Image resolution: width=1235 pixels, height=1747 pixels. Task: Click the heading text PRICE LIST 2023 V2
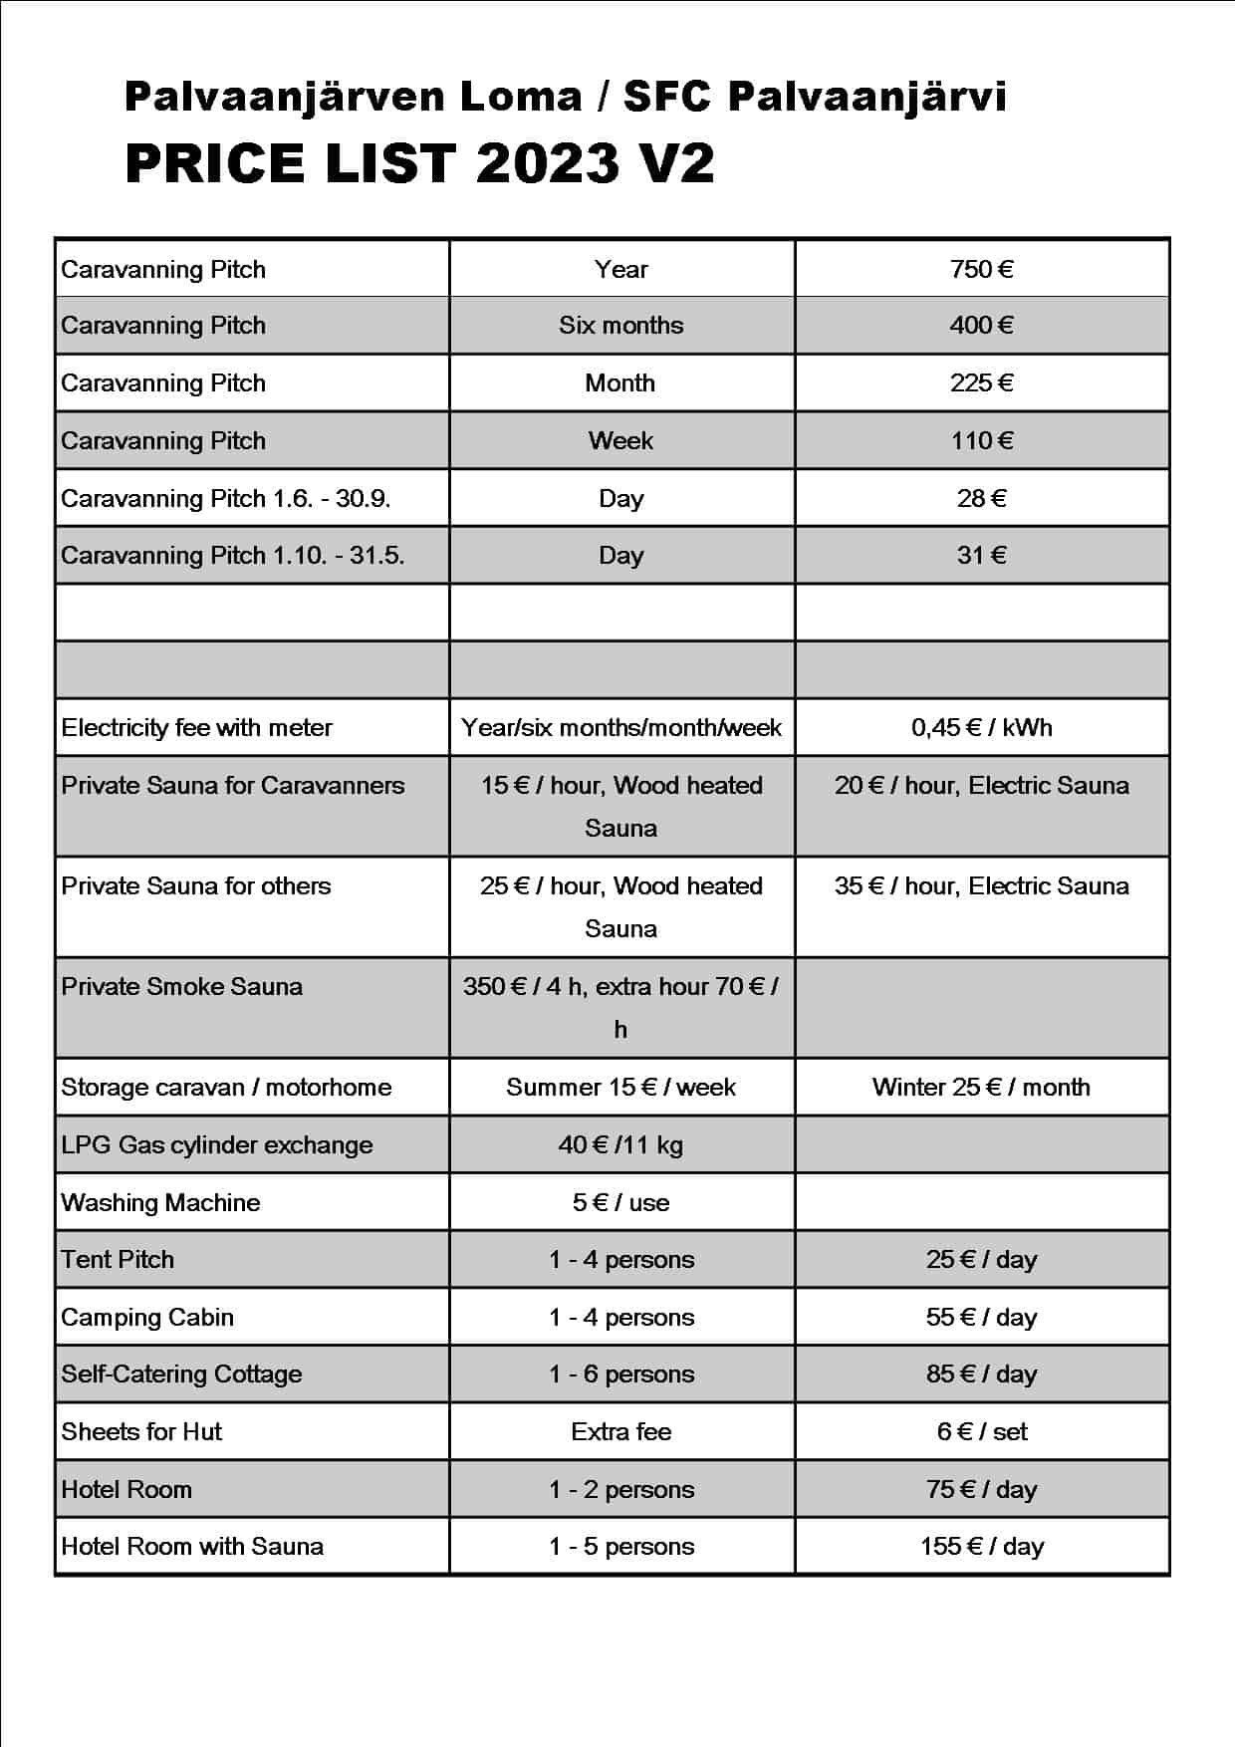click(x=419, y=164)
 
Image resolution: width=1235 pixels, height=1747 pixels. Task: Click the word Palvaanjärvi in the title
click(x=866, y=98)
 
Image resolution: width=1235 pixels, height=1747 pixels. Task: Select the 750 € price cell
click(x=981, y=269)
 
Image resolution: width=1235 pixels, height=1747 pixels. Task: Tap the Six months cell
click(x=620, y=326)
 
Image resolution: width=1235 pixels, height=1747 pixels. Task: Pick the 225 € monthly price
click(x=981, y=383)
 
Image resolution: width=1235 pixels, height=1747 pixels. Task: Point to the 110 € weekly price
click(x=981, y=441)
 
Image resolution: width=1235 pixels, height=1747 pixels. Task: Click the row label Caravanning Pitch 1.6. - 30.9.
click(x=225, y=498)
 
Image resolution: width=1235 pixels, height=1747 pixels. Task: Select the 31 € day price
click(x=981, y=555)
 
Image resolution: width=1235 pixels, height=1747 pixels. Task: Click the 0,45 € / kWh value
click(x=981, y=728)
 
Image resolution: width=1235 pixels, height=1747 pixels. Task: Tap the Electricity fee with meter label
click(x=196, y=728)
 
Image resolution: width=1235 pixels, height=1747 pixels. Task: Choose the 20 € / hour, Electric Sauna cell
click(x=981, y=786)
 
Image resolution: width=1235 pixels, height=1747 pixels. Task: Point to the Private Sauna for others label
click(x=195, y=886)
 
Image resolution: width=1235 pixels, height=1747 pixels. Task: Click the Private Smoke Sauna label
click(x=181, y=987)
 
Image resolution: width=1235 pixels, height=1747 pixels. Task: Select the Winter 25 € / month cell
click(x=981, y=1088)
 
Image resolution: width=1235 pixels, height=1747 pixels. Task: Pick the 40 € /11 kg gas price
click(x=620, y=1145)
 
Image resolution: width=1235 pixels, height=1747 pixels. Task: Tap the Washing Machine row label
click(x=160, y=1203)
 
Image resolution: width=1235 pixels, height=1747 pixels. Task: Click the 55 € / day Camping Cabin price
click(x=981, y=1318)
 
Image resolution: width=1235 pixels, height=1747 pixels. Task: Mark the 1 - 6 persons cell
click(x=620, y=1374)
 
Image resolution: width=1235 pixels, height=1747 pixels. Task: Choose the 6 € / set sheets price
click(x=981, y=1432)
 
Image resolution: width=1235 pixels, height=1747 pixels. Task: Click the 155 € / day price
click(x=981, y=1547)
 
